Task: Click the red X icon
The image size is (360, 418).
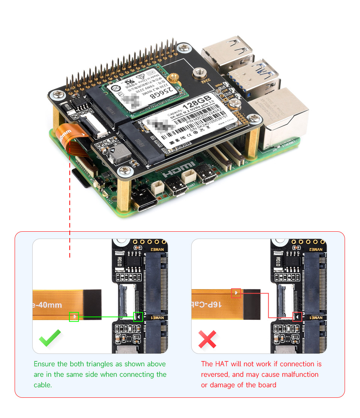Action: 207,339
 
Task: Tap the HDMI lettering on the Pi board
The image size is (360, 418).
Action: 179,170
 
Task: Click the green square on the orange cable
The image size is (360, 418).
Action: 74,317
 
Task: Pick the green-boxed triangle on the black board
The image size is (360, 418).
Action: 138,317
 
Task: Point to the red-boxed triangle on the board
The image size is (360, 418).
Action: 297,317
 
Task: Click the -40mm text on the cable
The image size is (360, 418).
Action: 48,305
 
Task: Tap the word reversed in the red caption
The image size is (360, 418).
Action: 216,375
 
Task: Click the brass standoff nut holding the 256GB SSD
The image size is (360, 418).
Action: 172,79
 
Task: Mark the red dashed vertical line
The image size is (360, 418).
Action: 70,206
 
